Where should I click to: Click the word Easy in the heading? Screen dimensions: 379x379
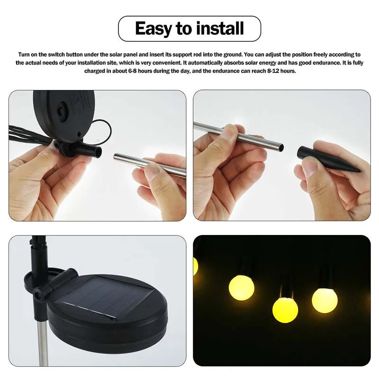pyautogui.click(x=153, y=28)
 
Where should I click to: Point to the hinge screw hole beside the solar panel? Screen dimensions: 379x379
pyautogui.click(x=37, y=296)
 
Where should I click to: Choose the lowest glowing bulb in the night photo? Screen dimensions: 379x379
pyautogui.click(x=285, y=310)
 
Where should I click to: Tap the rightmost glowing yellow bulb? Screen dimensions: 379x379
pyautogui.click(x=324, y=300)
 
